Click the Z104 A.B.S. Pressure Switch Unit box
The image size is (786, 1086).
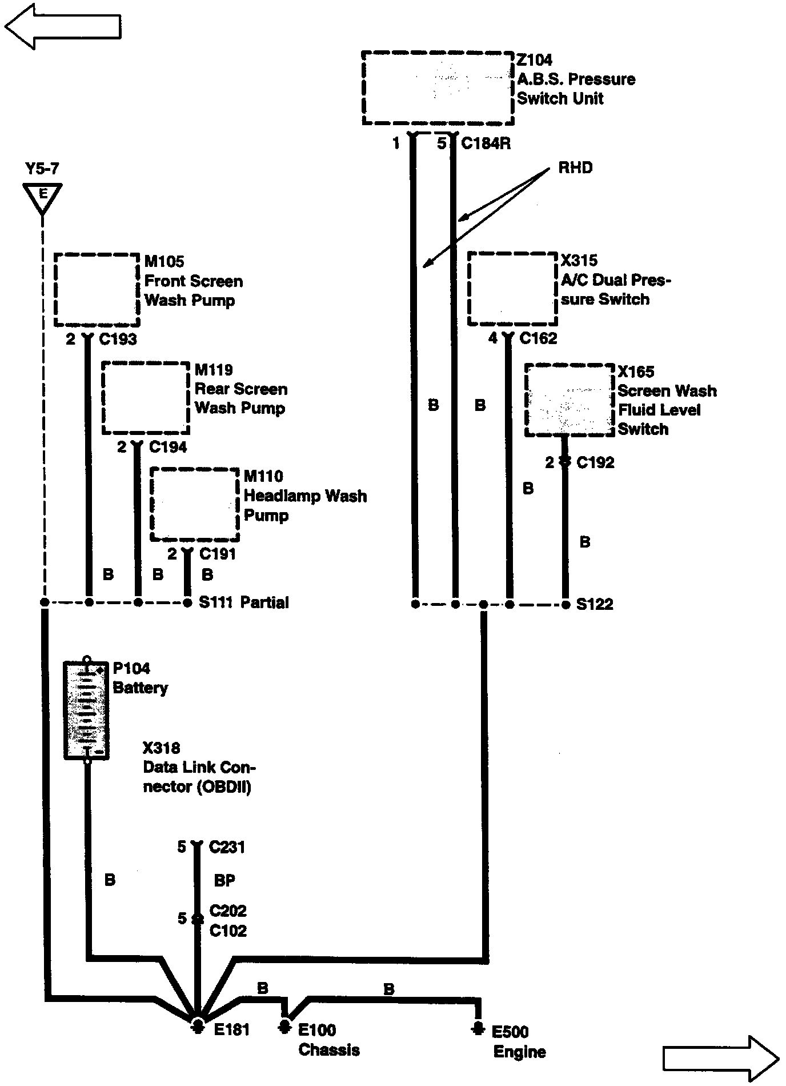pyautogui.click(x=438, y=88)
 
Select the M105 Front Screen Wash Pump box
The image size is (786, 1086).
pyautogui.click(x=97, y=290)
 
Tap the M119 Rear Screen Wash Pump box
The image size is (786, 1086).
pyautogui.click(x=146, y=398)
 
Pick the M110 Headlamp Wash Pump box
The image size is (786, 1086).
pyautogui.click(x=195, y=504)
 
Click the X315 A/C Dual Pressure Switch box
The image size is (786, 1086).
pyautogui.click(x=512, y=289)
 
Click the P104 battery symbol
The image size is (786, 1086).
pyautogui.click(x=86, y=710)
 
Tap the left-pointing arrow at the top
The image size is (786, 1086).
pyautogui.click(x=63, y=26)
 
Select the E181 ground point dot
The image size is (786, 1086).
pyautogui.click(x=198, y=1026)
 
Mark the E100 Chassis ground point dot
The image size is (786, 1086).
pyautogui.click(x=284, y=1027)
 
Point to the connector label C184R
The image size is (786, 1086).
pyautogui.click(x=486, y=143)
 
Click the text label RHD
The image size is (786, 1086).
pyautogui.click(x=575, y=168)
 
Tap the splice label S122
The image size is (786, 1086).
pyautogui.click(x=595, y=605)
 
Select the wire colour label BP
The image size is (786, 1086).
pyautogui.click(x=224, y=881)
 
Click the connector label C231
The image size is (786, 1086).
pyautogui.click(x=227, y=847)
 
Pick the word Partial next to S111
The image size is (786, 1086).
pyautogui.click(x=264, y=602)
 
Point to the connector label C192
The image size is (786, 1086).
pyautogui.click(x=596, y=462)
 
